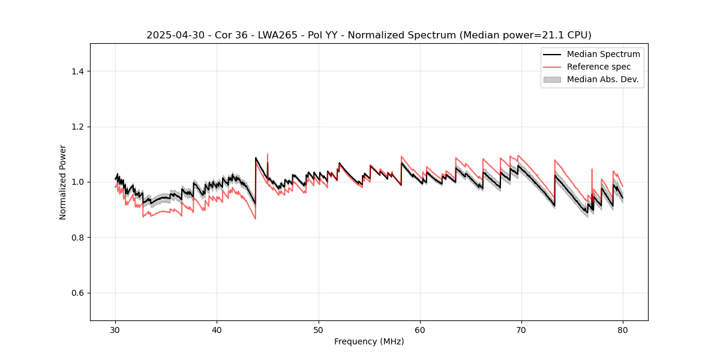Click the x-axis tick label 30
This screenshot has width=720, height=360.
click(116, 330)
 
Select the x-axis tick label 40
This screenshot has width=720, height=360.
click(217, 330)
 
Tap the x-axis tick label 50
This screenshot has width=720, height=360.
click(319, 330)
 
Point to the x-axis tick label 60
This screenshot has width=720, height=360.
click(420, 330)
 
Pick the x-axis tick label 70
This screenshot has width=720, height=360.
click(521, 330)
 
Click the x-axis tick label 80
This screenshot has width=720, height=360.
click(623, 330)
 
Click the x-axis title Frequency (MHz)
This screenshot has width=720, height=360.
click(369, 342)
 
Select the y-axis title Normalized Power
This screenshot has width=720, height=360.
click(63, 182)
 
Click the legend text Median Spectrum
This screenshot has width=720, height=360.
click(603, 54)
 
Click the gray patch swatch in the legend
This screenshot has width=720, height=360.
click(552, 79)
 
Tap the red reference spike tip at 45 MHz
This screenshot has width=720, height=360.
click(268, 154)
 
